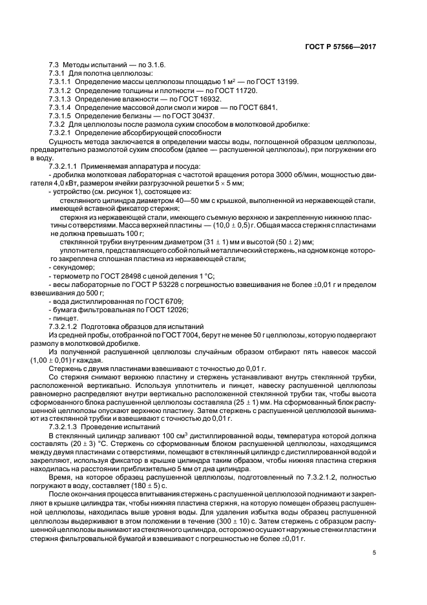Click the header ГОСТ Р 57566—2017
[342, 47]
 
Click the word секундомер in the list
[69, 266]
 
